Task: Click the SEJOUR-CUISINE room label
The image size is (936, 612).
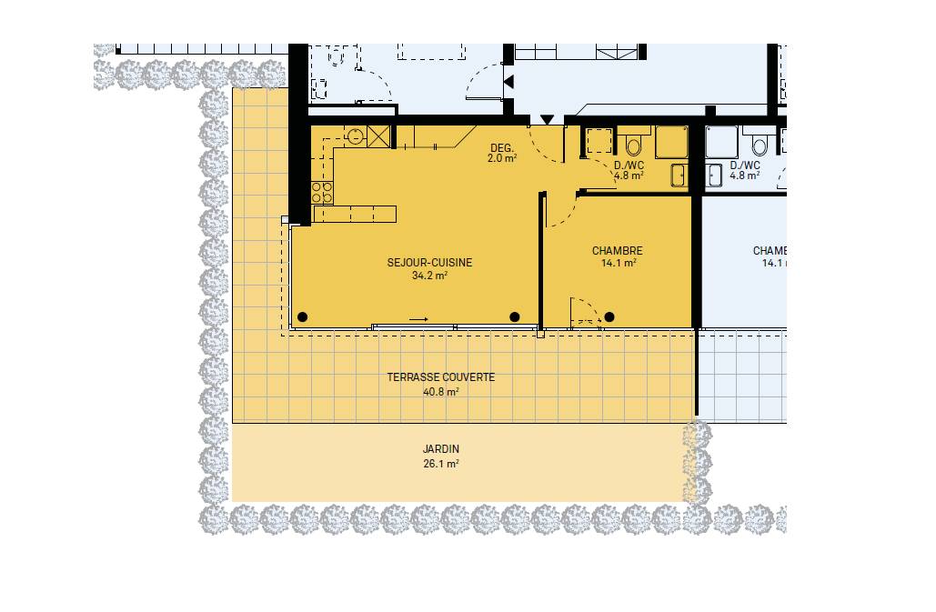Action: tap(429, 263)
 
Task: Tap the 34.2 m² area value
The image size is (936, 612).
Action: tap(429, 276)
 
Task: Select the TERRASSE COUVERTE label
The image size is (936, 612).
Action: tap(440, 377)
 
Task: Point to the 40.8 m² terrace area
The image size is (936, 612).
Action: tap(440, 392)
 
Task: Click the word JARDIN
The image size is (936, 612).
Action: tap(441, 449)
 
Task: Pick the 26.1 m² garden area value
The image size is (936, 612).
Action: tap(441, 464)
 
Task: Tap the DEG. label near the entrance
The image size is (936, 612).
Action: tap(501, 148)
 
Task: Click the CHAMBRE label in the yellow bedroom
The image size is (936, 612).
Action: tap(618, 251)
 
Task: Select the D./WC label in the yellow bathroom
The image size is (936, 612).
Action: tap(629, 166)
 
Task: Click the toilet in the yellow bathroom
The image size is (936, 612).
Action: tap(633, 144)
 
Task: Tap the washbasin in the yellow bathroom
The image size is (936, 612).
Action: tap(679, 176)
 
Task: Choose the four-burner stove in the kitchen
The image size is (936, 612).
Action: tap(322, 193)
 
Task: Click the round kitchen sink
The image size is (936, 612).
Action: tap(355, 135)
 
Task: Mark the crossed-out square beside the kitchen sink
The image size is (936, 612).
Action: tap(377, 136)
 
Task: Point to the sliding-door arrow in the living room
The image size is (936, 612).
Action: tap(418, 320)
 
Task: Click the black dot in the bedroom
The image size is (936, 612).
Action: tap(609, 317)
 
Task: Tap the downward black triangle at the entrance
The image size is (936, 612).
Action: tap(547, 121)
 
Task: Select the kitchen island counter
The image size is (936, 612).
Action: tap(355, 214)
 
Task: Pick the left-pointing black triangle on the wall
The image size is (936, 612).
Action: tap(508, 82)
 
